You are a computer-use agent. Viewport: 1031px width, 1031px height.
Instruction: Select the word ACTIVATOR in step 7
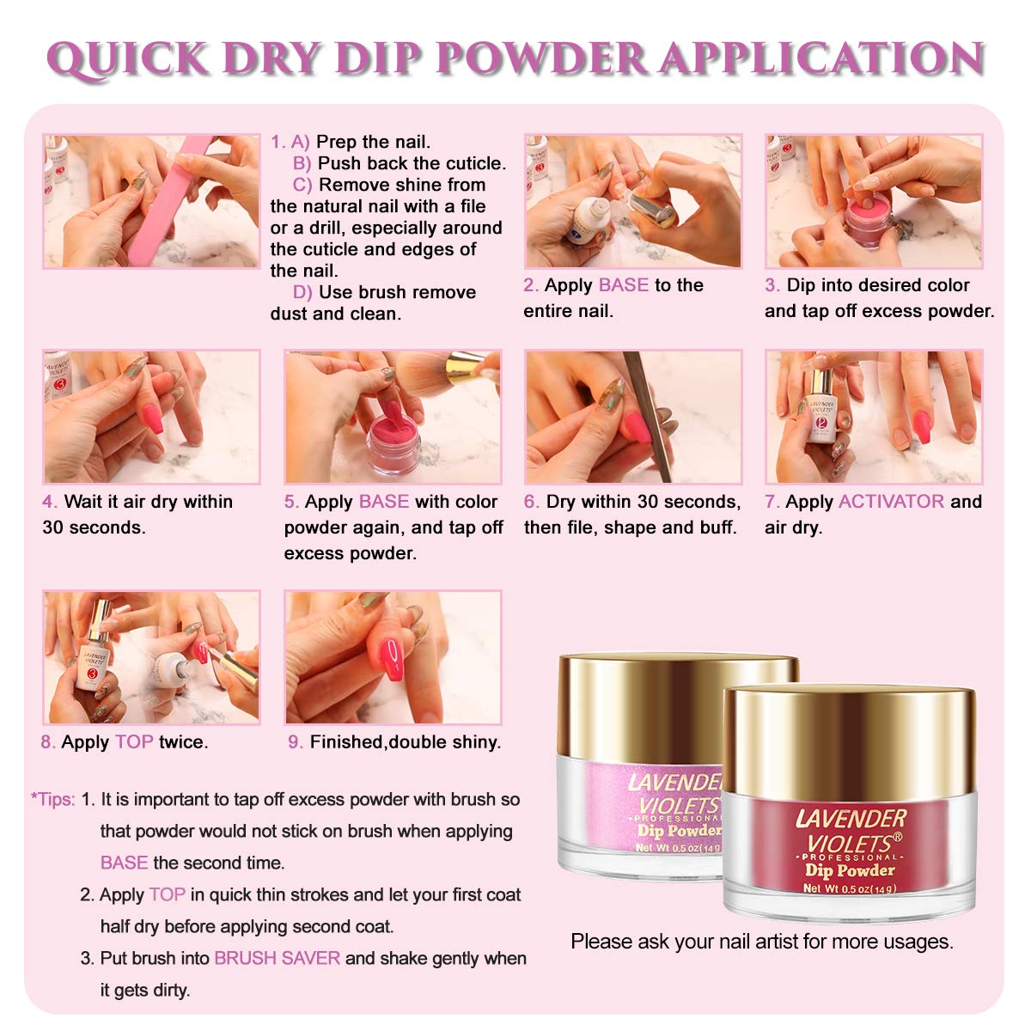tap(891, 501)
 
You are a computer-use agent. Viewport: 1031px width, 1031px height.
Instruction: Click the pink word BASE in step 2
tap(623, 285)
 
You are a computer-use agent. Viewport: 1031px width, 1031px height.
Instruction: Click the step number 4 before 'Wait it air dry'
tap(49, 502)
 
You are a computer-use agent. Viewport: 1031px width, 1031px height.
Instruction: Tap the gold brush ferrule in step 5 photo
tap(466, 367)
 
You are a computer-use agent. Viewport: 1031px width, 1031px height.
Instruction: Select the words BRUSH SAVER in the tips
tap(277, 958)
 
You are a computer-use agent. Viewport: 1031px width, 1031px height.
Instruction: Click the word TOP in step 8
tap(134, 742)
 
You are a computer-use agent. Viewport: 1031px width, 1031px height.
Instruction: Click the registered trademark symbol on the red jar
tap(897, 836)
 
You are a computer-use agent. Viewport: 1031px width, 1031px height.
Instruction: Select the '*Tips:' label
tap(53, 799)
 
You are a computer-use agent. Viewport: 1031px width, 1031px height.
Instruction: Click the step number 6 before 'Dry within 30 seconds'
tap(530, 502)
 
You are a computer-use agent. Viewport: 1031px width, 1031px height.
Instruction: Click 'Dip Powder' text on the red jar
tap(850, 870)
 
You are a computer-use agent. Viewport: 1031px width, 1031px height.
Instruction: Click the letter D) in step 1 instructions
tap(302, 292)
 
